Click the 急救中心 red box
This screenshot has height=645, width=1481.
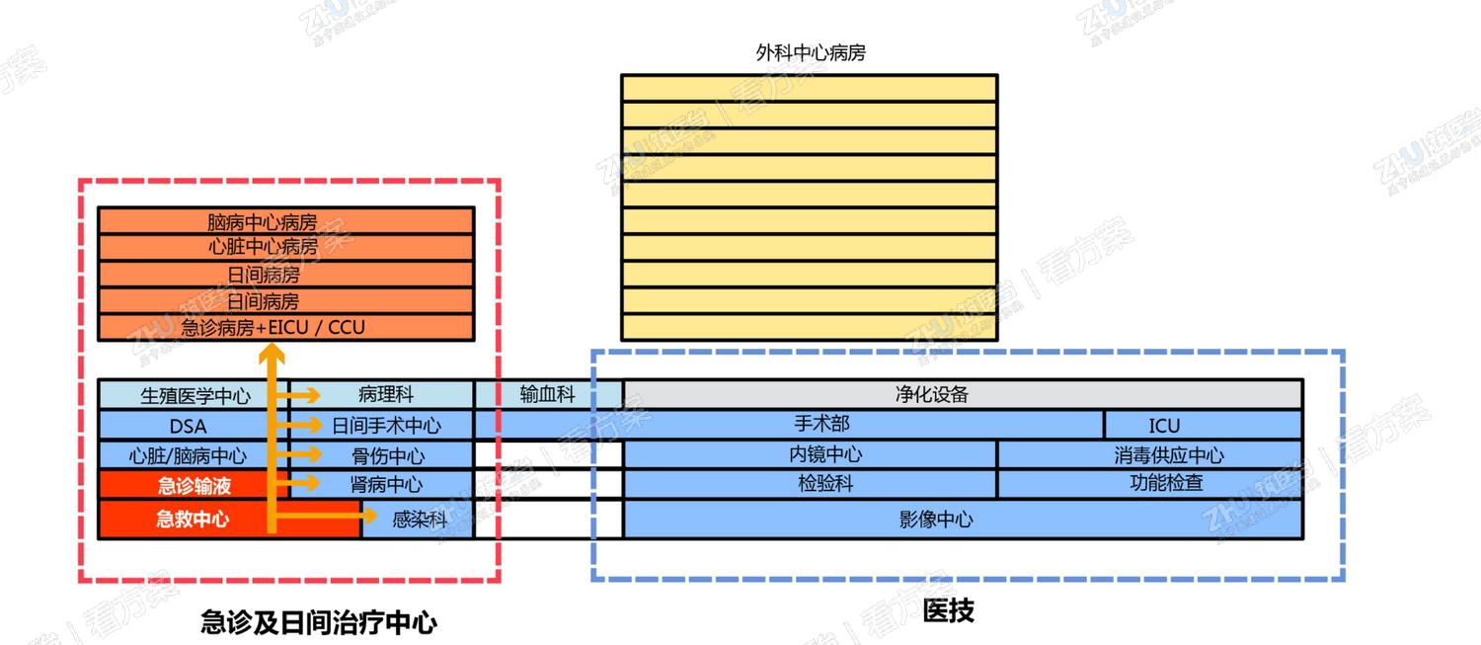pos(192,519)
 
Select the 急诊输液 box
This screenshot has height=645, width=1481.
pos(194,485)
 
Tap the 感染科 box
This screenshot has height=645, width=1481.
pos(419,520)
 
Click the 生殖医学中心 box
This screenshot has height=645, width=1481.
pos(195,396)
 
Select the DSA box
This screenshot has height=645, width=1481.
pos(188,426)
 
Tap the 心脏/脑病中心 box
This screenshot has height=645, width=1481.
pos(188,455)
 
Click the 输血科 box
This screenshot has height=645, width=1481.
pos(547,395)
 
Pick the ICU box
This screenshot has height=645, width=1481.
pos(1164,426)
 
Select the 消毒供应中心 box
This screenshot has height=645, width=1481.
pos(1168,455)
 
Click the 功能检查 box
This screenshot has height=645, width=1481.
pos(1166,484)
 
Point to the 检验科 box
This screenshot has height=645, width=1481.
pos(825,484)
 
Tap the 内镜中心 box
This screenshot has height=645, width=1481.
pos(825,454)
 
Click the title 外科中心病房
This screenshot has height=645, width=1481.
pos(810,53)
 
